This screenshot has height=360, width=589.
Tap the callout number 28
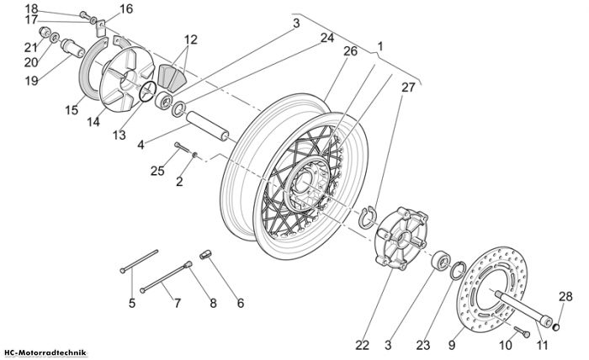[x=565, y=297]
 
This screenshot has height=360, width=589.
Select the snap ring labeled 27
[x=366, y=217]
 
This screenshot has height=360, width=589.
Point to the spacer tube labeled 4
[x=207, y=125]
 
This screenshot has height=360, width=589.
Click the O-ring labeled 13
[x=147, y=92]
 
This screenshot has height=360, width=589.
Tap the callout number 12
[x=190, y=39]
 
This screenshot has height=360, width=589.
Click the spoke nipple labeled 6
[x=204, y=254]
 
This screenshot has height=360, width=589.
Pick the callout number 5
[x=132, y=303]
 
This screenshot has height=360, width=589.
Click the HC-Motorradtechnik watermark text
[x=45, y=353]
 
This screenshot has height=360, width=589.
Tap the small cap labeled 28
[x=556, y=328]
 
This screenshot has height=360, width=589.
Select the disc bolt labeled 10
[x=522, y=332]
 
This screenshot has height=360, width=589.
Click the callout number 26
[x=350, y=51]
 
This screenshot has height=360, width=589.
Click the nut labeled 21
[x=46, y=32]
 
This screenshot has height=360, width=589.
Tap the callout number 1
[x=379, y=46]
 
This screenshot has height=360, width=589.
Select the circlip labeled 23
[x=458, y=271]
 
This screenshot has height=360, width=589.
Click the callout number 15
[x=72, y=110]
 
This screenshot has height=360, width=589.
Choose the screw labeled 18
[x=86, y=16]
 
